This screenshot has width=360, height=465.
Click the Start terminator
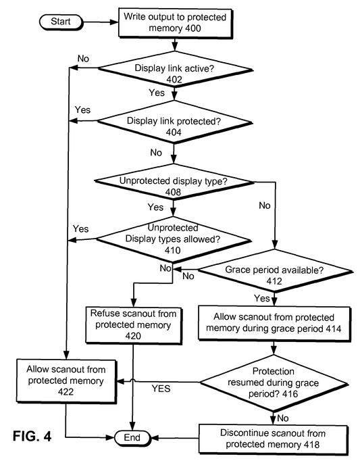(61, 22)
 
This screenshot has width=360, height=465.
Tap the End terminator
(132, 438)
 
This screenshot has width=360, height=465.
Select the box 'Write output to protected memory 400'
(175, 23)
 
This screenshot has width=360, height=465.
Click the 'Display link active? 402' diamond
(175, 70)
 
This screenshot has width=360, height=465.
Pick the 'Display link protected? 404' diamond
(174, 122)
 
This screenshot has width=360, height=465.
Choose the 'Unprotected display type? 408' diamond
(174, 182)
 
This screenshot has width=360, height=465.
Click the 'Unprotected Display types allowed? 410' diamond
(174, 240)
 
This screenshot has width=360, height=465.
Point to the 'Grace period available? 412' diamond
(275, 271)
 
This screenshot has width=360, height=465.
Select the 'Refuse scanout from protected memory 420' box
(133, 325)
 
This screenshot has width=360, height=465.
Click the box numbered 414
(274, 323)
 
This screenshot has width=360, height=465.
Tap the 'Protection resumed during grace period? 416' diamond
(274, 383)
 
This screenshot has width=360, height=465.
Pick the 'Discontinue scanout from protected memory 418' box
(273, 439)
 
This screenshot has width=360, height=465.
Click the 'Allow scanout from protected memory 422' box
(66, 381)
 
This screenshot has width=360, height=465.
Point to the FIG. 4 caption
(32, 436)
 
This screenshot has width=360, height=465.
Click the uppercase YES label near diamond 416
(161, 389)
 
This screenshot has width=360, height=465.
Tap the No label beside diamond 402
(83, 59)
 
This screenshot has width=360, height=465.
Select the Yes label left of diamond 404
(82, 109)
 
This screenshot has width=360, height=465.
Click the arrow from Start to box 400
(101, 22)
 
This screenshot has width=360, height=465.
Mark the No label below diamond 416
(283, 418)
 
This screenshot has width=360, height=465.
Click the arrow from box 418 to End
(174, 438)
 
